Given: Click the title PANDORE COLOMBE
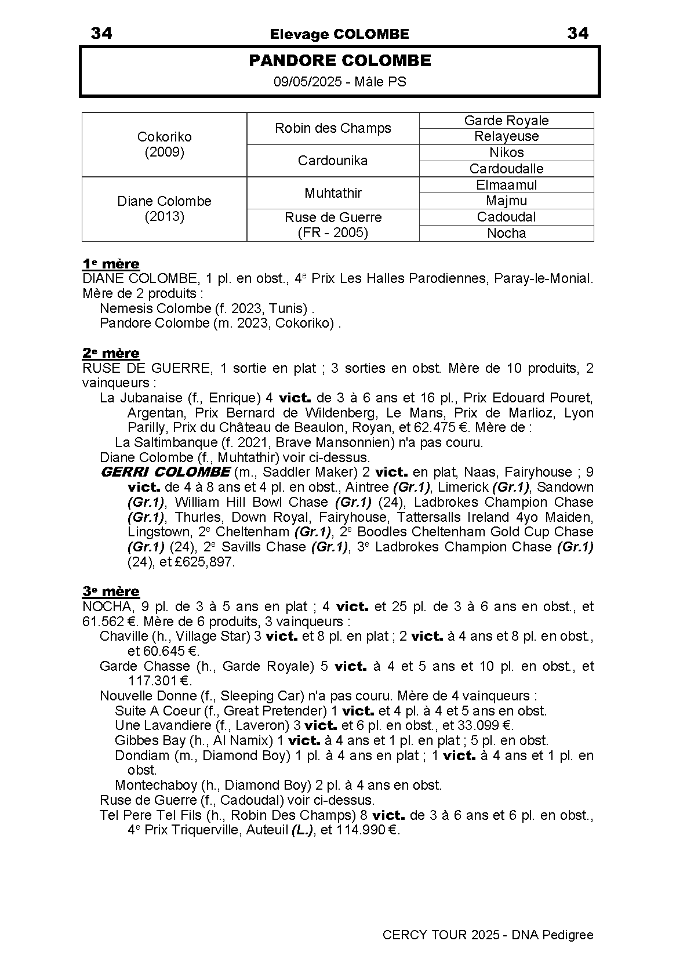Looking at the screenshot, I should click(340, 61).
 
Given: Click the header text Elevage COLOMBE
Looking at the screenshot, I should click(339, 34).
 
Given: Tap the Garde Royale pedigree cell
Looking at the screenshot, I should click(506, 121).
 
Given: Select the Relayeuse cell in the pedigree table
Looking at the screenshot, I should click(506, 136).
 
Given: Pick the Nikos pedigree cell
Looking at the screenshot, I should click(506, 152).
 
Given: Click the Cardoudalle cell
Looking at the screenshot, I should click(506, 169).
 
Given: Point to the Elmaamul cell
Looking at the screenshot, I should click(506, 185).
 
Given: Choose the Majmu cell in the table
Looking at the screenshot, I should click(506, 201).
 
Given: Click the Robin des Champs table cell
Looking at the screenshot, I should click(333, 128).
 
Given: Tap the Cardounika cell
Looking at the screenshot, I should click(333, 161).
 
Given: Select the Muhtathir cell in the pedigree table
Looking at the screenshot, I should click(333, 192).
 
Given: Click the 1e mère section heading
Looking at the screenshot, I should click(111, 264).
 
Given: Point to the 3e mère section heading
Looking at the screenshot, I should click(111, 592).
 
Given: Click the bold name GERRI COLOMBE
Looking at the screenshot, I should click(165, 472).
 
